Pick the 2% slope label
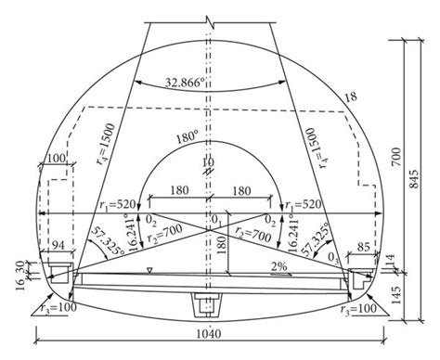(x=279, y=267)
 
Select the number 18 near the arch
(x=350, y=96)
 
